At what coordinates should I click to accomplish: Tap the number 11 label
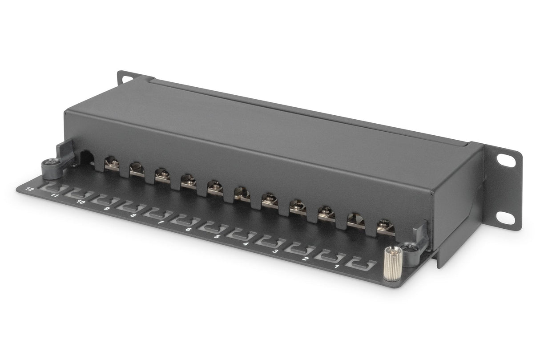click(x=55, y=195)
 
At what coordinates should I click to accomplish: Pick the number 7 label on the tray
click(x=161, y=222)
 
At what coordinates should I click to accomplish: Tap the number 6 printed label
click(x=189, y=229)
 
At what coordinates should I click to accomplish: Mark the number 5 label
click(x=217, y=236)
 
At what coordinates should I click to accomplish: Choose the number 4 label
click(x=246, y=243)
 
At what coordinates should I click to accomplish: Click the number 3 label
click(x=275, y=251)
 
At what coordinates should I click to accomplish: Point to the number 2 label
click(x=305, y=259)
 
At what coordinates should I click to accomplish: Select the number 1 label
click(x=336, y=267)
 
